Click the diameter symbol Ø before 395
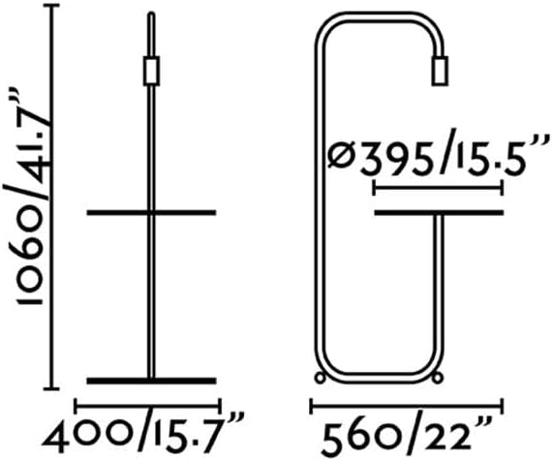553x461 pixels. coord(343,157)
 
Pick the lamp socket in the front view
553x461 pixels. coord(152,71)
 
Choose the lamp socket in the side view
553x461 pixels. coord(440,71)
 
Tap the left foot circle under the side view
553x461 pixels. coord(320,378)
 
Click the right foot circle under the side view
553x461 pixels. coord(438,378)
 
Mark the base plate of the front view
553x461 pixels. coord(152,381)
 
